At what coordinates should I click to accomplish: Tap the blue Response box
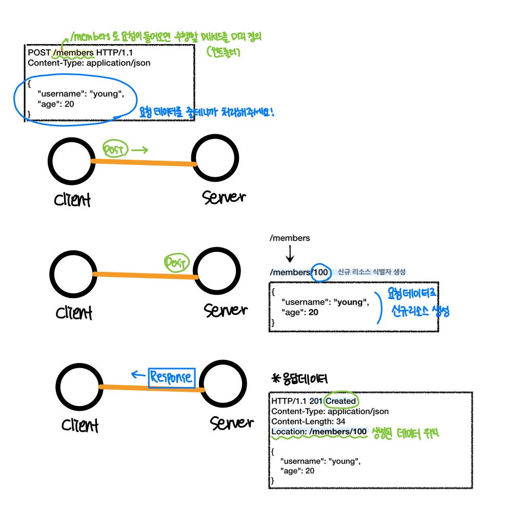pyautogui.click(x=171, y=378)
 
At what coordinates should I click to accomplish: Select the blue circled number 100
pyautogui.click(x=320, y=272)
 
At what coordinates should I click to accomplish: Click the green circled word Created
pyautogui.click(x=341, y=401)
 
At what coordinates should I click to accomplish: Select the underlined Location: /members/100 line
pyautogui.click(x=319, y=432)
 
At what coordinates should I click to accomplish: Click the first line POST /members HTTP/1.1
pyautogui.click(x=77, y=53)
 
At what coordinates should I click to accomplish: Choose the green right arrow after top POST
pyautogui.click(x=139, y=150)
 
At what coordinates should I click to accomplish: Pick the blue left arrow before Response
pyautogui.click(x=137, y=375)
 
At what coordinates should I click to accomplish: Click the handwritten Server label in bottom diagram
pyautogui.click(x=231, y=423)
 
